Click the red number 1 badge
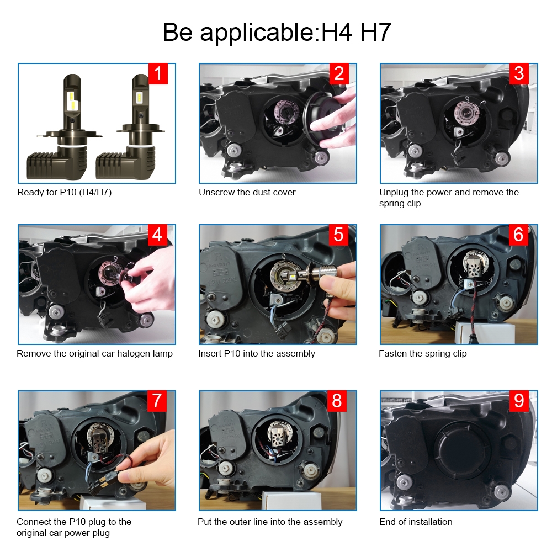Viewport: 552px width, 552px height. click(x=158, y=73)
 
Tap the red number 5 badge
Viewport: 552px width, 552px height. click(x=339, y=235)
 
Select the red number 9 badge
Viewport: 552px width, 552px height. click(x=519, y=401)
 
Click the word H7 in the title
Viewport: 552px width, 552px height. click(x=375, y=33)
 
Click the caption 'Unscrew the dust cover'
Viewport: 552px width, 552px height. click(x=247, y=192)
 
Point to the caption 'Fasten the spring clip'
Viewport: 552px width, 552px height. click(x=423, y=353)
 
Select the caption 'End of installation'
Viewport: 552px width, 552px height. click(x=416, y=522)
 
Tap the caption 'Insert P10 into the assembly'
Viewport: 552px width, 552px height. click(x=257, y=353)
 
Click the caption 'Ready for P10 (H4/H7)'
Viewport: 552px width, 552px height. click(x=65, y=193)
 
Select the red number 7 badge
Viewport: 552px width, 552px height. click(x=157, y=401)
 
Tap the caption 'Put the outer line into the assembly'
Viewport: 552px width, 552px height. click(x=270, y=522)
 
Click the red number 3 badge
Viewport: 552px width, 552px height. click(x=519, y=73)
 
